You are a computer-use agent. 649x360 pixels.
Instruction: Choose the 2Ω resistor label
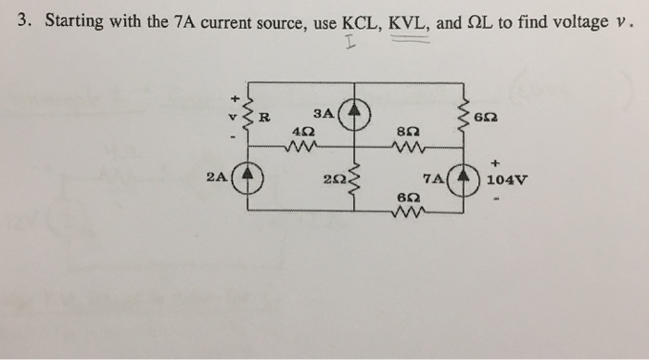tap(333, 180)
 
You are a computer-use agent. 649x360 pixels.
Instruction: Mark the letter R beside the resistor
tap(265, 117)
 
